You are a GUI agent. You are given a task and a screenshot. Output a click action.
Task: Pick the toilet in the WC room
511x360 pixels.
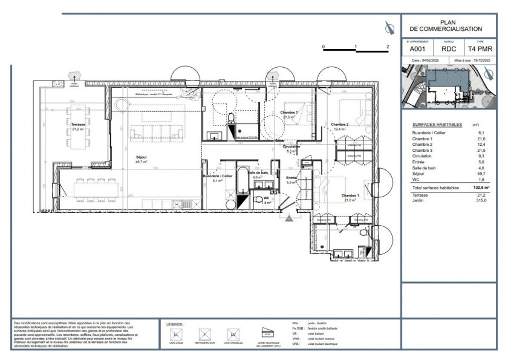[x=259, y=199]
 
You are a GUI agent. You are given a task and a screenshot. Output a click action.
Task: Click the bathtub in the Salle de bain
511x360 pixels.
[x=241, y=180]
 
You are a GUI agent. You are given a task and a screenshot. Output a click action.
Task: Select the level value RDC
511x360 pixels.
[x=449, y=49]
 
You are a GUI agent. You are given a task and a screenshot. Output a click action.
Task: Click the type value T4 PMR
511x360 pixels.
[x=480, y=49]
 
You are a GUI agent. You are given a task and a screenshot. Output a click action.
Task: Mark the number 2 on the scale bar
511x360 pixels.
[x=387, y=46]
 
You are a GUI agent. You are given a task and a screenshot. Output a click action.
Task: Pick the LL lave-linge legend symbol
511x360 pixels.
[x=176, y=334]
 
